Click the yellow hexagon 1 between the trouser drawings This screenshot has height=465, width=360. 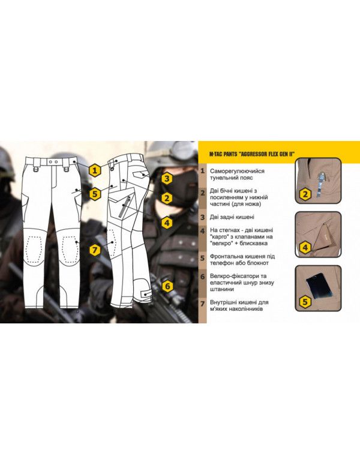click(95, 170)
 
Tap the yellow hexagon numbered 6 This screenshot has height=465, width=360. click(167, 286)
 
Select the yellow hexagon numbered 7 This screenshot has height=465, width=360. click(95, 250)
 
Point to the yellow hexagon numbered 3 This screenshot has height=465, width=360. click(167, 179)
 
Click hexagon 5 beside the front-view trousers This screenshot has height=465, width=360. click(95, 194)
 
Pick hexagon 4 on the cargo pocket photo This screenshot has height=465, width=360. click(305, 247)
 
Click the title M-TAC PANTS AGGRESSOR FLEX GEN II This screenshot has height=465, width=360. click(254, 154)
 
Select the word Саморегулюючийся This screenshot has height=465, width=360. click(237, 171)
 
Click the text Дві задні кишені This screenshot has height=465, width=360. click(232, 217)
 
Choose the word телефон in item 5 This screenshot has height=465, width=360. click(223, 263)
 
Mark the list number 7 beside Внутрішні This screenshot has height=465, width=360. click(203, 304)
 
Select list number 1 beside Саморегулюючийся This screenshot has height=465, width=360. click(203, 171)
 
